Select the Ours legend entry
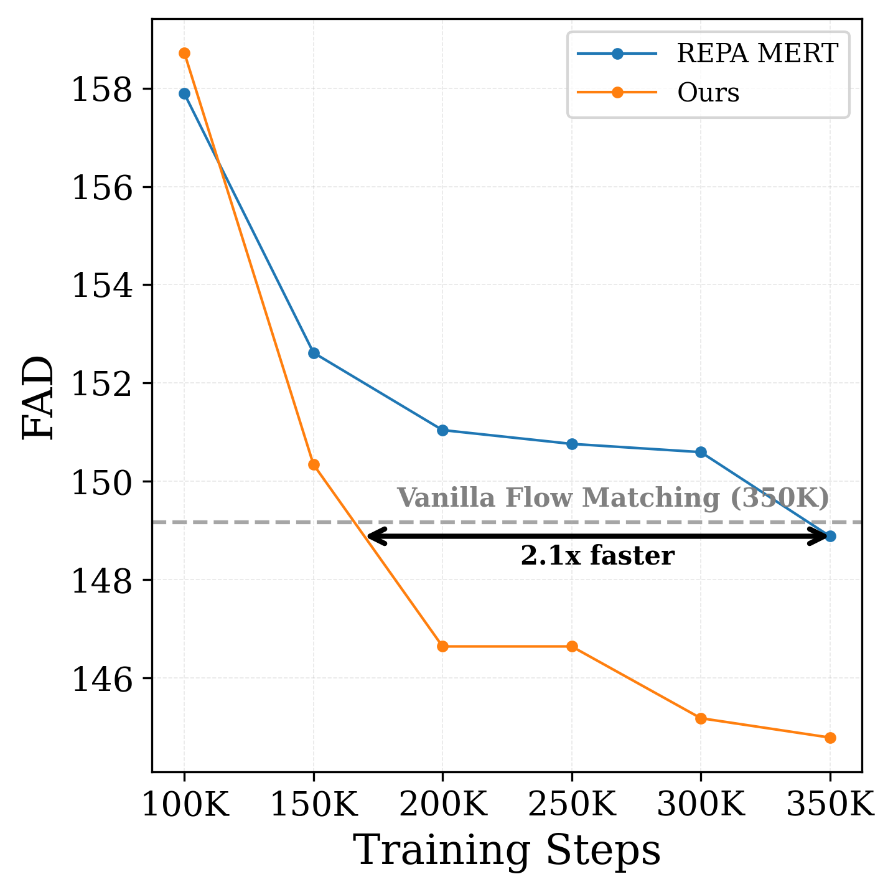708,93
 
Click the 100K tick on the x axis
185,806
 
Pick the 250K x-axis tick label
572,806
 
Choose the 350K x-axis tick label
830,806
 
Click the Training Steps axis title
507,851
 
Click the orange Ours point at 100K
184,54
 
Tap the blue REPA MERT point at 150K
314,354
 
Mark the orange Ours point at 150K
314,465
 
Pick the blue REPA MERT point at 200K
442,430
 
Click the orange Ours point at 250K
572,647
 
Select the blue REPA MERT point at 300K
701,452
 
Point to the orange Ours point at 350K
830,738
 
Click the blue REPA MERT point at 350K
830,536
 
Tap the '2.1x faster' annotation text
597,556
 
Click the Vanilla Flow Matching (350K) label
613,499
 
